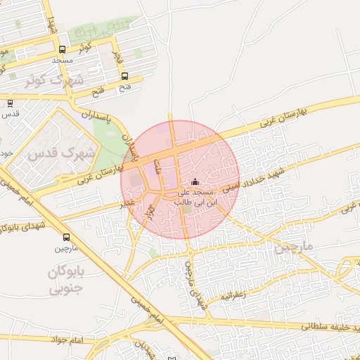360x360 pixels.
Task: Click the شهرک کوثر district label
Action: tap(53, 80)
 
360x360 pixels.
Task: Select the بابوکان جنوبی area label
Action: tap(66, 280)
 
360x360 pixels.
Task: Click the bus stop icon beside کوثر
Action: tap(63, 50)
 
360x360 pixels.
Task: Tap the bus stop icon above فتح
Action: tap(124, 76)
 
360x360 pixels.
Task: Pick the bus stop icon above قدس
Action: tap(10, 103)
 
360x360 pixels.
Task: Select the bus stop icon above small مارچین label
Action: tap(66, 238)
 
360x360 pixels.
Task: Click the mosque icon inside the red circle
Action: tap(195, 183)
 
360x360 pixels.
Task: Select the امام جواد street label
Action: tap(67, 340)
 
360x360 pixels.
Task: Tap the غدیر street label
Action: tap(127, 202)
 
